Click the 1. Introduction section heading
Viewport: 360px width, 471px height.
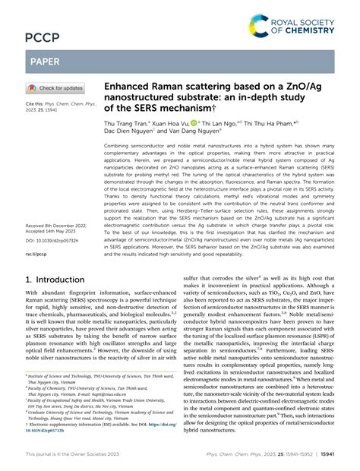[x=53, y=258]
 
